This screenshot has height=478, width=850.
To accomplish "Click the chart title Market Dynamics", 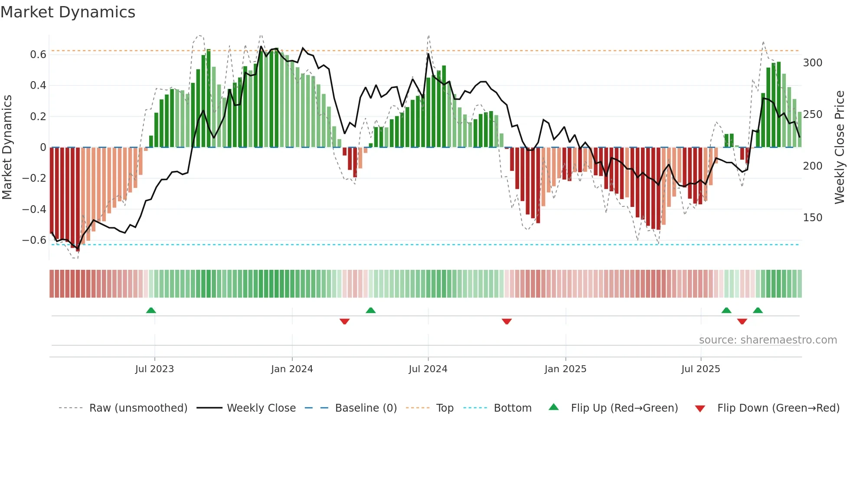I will (68, 12).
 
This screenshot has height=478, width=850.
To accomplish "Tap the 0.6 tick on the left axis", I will (38, 55).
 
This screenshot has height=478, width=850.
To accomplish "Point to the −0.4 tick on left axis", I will (34, 209).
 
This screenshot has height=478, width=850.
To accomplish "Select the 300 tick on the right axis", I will (812, 63).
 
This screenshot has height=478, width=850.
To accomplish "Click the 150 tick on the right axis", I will (812, 218).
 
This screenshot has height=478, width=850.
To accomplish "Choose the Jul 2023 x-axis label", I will (154, 369).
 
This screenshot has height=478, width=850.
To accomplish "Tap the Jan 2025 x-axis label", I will (565, 369).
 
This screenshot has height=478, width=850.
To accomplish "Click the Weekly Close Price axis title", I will (840, 147).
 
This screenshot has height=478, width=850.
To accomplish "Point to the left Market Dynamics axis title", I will (7, 147).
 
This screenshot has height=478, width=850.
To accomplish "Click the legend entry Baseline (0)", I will (366, 408).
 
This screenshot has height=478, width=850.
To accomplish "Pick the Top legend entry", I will (445, 408).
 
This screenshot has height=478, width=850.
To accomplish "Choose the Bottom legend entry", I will (512, 408).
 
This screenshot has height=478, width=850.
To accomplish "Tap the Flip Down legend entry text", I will (778, 408).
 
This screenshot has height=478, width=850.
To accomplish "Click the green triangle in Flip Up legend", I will (554, 407).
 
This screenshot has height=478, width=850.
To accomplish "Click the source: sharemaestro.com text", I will (768, 340).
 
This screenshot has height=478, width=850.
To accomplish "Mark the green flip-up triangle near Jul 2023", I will (151, 311).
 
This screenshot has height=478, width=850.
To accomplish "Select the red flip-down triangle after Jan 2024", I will (344, 321).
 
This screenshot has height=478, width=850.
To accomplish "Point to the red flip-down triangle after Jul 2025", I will (742, 321).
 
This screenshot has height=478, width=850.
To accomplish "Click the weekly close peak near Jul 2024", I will (428, 54).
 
